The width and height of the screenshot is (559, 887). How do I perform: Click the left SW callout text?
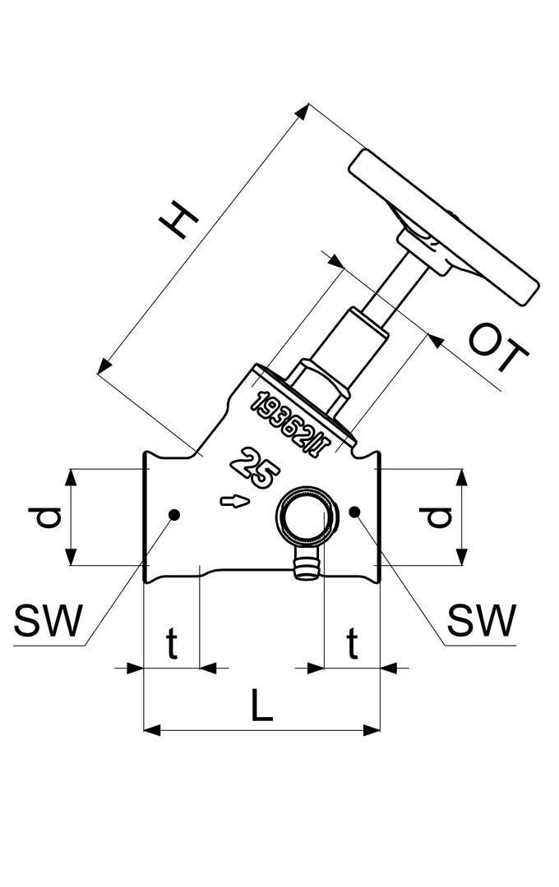click(49, 622)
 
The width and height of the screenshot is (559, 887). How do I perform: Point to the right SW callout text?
click(482, 622)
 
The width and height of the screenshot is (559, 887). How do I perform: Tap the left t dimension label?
click(172, 645)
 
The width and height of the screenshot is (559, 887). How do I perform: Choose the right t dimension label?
click(352, 645)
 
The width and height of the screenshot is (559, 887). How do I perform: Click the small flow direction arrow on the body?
click(234, 500)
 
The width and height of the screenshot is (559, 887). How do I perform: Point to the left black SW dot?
click(173, 514)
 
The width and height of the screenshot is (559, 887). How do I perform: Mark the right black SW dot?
click(354, 512)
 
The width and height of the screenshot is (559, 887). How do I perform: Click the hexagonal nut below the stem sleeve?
click(317, 384)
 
